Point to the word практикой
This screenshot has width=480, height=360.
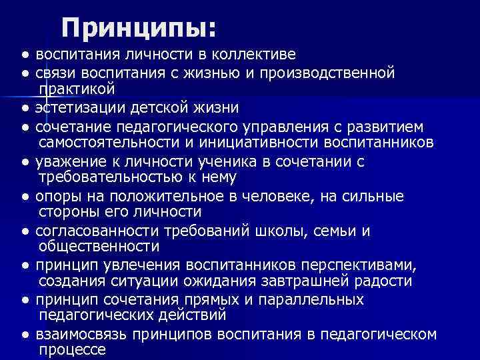tap(77, 88)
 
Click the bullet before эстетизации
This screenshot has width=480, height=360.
tap(25, 107)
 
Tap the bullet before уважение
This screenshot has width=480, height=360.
tap(25, 162)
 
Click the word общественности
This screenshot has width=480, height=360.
tap(99, 247)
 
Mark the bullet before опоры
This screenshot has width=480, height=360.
tap(25, 197)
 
